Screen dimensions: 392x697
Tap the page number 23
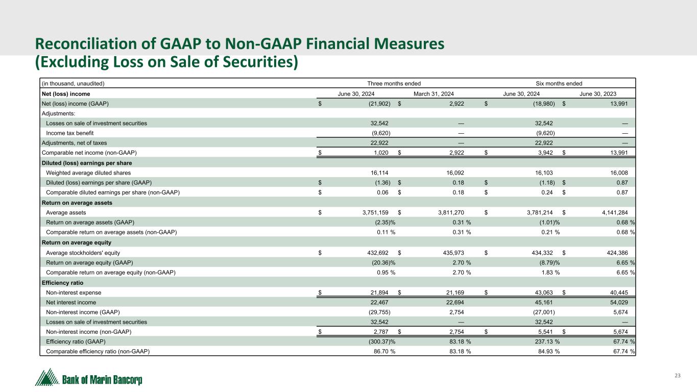tap(678, 376)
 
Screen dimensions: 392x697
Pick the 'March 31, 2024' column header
tap(434, 94)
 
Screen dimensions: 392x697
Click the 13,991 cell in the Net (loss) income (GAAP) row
tap(617, 104)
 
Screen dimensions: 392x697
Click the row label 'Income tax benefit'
tap(69, 133)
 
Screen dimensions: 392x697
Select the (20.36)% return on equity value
tap(383, 262)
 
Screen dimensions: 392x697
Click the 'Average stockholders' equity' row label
tap(84, 252)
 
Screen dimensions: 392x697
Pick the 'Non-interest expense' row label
tap(74, 292)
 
